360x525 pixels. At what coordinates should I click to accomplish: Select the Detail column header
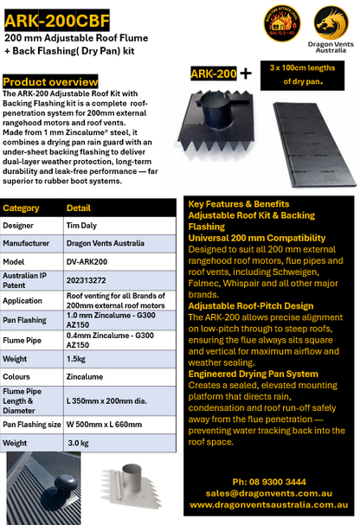click(x=79, y=208)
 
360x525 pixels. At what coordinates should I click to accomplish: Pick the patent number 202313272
click(x=90, y=280)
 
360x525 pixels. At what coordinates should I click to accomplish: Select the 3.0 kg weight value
click(x=80, y=441)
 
